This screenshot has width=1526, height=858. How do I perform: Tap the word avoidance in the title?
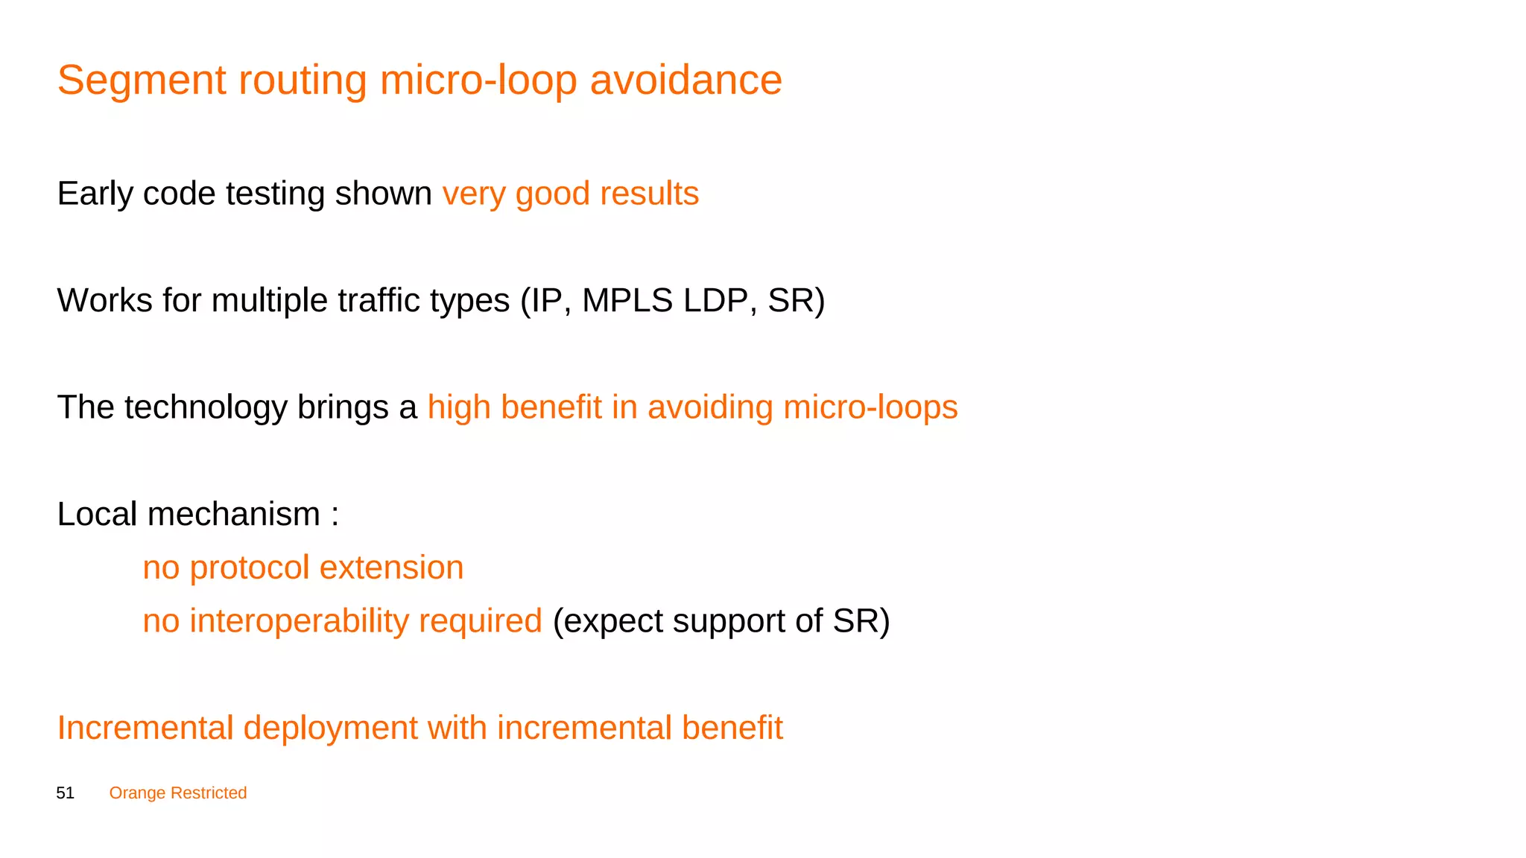[x=686, y=80]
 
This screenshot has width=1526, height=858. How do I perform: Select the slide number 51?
[x=66, y=793]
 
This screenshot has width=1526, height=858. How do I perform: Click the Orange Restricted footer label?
[x=177, y=793]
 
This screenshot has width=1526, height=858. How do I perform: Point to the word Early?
[x=95, y=194]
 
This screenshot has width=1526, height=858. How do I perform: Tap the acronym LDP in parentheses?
[x=721, y=301]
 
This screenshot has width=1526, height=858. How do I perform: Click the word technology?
[x=206, y=408]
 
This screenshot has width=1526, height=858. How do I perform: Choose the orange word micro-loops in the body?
[x=870, y=408]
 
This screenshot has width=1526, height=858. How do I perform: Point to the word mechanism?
[x=233, y=515]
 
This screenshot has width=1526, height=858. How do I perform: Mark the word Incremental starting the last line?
[x=145, y=728]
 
